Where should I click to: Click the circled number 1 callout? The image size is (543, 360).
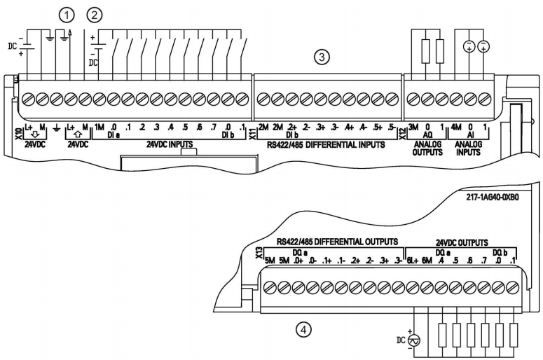(67, 15)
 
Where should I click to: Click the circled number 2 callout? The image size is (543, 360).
(95, 15)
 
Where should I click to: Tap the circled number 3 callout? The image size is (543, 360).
(322, 57)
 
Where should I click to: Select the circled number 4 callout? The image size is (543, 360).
(303, 330)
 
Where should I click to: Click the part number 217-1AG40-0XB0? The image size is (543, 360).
(493, 198)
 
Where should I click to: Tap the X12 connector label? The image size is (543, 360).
(402, 134)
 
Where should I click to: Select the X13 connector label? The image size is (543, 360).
(259, 253)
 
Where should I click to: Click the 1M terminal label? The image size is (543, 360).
(99, 127)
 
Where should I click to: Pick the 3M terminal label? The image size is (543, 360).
(413, 127)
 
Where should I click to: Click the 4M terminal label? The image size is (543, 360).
(456, 127)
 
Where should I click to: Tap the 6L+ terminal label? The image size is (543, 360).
(413, 261)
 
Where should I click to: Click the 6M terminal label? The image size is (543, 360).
(427, 261)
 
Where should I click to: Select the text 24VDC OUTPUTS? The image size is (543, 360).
(462, 242)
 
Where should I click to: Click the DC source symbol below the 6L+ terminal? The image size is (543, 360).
(414, 341)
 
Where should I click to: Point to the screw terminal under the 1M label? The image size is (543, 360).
(99, 99)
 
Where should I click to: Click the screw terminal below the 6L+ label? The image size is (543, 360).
(413, 288)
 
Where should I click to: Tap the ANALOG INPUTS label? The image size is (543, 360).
(468, 148)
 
